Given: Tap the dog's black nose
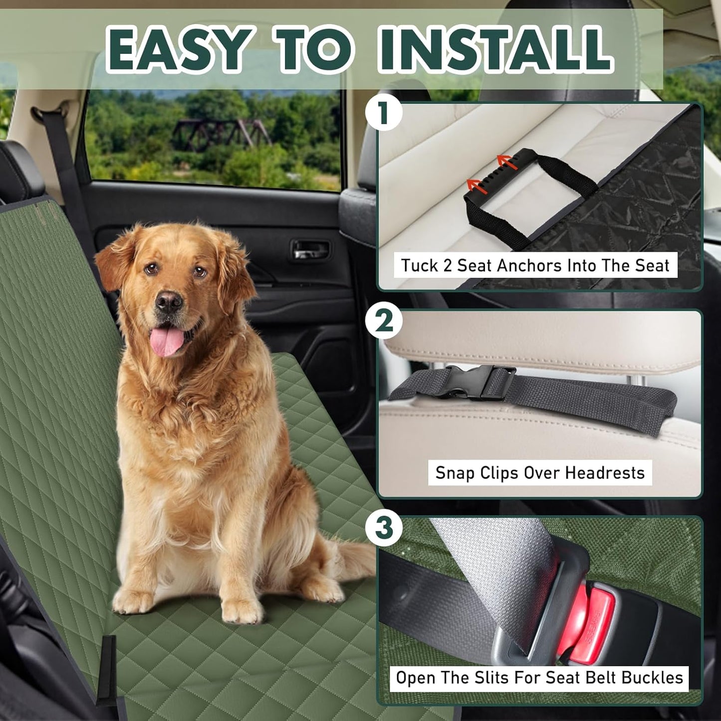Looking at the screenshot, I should pyautogui.click(x=169, y=301).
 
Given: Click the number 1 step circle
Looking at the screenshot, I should pyautogui.click(x=384, y=113).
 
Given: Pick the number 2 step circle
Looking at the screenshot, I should pyautogui.click(x=384, y=321).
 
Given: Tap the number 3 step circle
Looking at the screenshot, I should pyautogui.click(x=384, y=528).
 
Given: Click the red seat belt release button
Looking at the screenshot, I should pyautogui.click(x=589, y=624).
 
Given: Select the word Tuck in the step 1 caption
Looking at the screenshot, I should pyautogui.click(x=420, y=265).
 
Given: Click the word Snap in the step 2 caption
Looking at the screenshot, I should pyautogui.click(x=455, y=473).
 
